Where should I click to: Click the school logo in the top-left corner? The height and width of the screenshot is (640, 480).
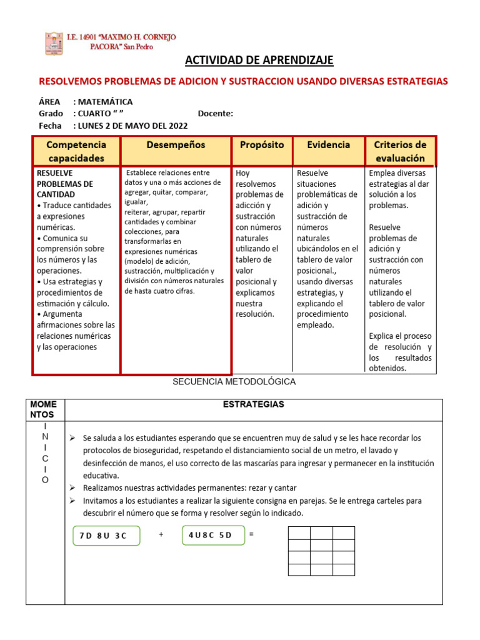pyautogui.click(x=54, y=43)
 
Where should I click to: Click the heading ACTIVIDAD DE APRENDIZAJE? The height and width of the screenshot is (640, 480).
pyautogui.click(x=259, y=60)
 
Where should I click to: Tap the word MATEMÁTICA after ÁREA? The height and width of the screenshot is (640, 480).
pyautogui.click(x=105, y=101)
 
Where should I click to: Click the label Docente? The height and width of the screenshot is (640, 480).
pyautogui.click(x=216, y=113)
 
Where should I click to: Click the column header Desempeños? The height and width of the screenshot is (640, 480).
pyautogui.click(x=176, y=145)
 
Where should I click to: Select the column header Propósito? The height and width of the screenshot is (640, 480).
pyautogui.click(x=262, y=145)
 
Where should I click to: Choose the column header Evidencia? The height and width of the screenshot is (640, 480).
pyautogui.click(x=328, y=145)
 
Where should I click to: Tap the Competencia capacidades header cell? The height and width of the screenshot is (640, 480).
pyautogui.click(x=76, y=151)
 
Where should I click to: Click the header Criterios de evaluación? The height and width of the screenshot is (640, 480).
pyautogui.click(x=400, y=151)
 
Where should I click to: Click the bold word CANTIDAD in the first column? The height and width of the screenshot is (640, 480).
pyautogui.click(x=56, y=194)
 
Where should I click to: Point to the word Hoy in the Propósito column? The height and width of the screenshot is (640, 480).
pyautogui.click(x=243, y=173)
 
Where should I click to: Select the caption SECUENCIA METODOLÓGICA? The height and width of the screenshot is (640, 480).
pyautogui.click(x=234, y=381)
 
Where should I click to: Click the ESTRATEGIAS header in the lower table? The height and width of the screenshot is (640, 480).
pyautogui.click(x=253, y=404)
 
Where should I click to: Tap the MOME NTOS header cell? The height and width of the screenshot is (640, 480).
pyautogui.click(x=45, y=409)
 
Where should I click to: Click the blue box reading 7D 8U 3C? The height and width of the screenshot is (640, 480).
pyautogui.click(x=104, y=536)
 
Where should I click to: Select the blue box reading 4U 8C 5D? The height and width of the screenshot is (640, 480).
pyautogui.click(x=210, y=535)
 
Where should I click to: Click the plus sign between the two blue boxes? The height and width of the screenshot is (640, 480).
pyautogui.click(x=161, y=535)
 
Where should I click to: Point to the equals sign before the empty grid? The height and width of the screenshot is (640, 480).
pyautogui.click(x=251, y=534)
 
